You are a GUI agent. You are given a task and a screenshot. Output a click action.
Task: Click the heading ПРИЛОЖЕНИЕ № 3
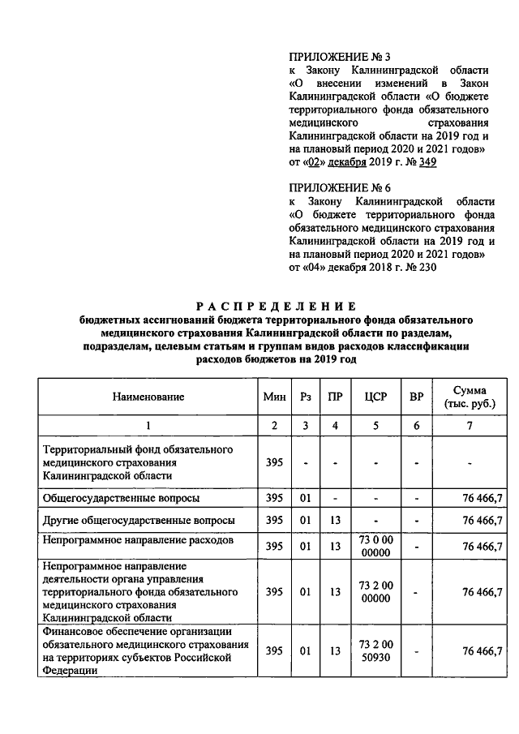click(x=328, y=57)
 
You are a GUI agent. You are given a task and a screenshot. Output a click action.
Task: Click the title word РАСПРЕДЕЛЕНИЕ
click(x=277, y=307)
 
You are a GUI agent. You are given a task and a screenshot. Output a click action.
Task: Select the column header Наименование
click(x=148, y=397)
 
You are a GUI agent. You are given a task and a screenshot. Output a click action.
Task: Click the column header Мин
click(x=274, y=397)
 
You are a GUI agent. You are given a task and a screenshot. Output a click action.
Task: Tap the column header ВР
click(x=416, y=397)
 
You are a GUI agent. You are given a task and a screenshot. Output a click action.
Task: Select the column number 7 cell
click(x=470, y=426)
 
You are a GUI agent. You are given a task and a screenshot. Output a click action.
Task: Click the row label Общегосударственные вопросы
click(x=122, y=498)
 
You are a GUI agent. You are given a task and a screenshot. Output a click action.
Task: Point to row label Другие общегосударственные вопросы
click(x=139, y=520)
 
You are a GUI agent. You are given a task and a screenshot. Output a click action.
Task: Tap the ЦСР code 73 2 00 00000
click(x=376, y=592)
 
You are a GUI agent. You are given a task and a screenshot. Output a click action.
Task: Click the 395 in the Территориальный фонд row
click(x=274, y=462)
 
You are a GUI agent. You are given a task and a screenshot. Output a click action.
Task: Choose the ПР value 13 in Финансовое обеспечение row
click(x=334, y=650)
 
